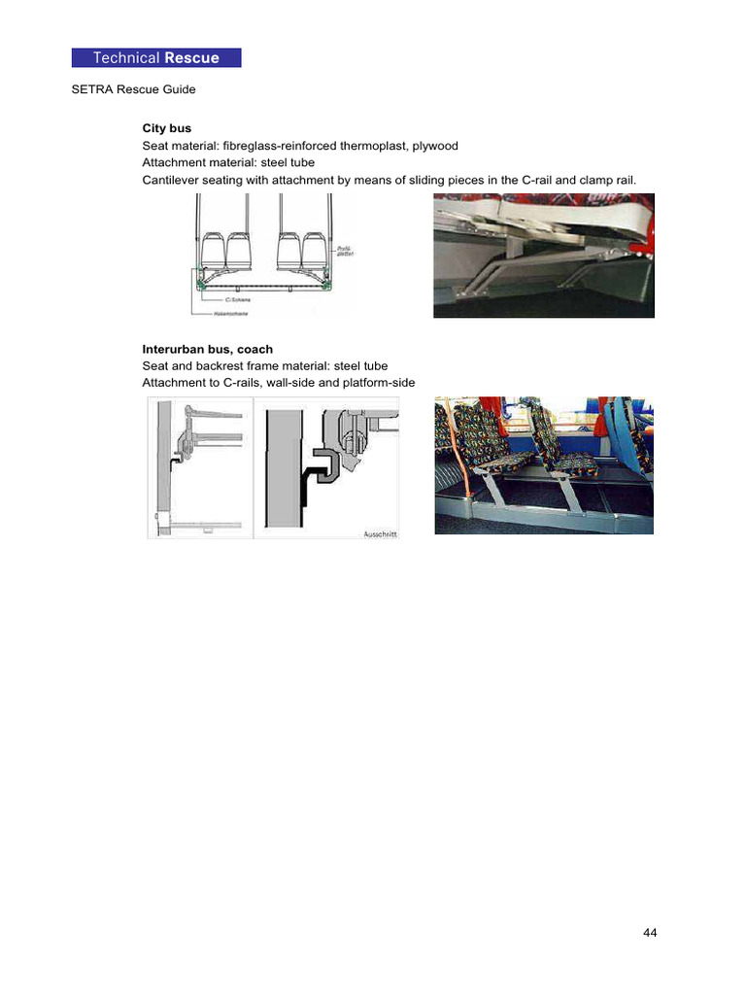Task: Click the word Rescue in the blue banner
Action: tap(191, 58)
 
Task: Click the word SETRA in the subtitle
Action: tap(91, 90)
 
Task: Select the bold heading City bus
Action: tap(166, 128)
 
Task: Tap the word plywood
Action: tap(434, 146)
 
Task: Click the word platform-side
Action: tap(378, 383)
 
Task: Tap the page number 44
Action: tap(650, 934)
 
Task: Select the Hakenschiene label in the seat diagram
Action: tap(244, 312)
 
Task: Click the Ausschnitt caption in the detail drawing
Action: tap(378, 533)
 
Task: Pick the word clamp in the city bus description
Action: tap(582, 181)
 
